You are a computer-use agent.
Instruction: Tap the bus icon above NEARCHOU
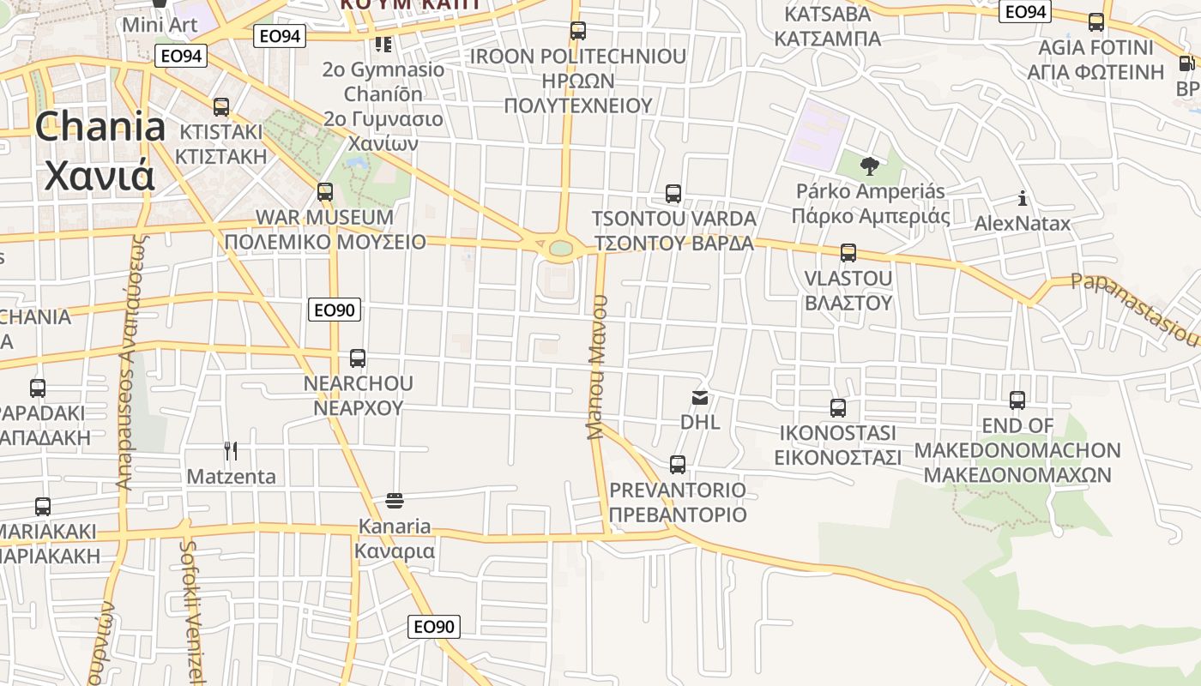358,358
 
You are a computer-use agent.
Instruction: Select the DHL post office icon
700,398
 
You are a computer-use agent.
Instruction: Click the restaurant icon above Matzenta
230,451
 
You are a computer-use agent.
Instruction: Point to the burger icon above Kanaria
395,500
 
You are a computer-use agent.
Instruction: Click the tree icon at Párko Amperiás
870,165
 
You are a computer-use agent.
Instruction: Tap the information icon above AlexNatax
1023,199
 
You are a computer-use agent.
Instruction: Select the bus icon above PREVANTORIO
678,465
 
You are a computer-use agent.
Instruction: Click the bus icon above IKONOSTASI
838,408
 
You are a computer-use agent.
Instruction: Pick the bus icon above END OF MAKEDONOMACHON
1017,400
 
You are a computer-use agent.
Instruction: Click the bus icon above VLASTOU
848,253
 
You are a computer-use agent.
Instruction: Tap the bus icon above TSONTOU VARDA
673,194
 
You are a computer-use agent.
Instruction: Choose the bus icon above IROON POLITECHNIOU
578,32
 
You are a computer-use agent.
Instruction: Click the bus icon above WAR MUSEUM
325,192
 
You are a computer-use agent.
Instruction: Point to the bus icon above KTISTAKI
221,107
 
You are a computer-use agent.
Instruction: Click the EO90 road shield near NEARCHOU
335,310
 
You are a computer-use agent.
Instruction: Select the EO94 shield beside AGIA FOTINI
1025,11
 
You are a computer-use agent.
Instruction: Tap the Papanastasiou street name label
1134,308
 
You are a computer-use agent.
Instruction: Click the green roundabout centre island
561,249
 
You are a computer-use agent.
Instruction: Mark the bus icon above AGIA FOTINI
1096,22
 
